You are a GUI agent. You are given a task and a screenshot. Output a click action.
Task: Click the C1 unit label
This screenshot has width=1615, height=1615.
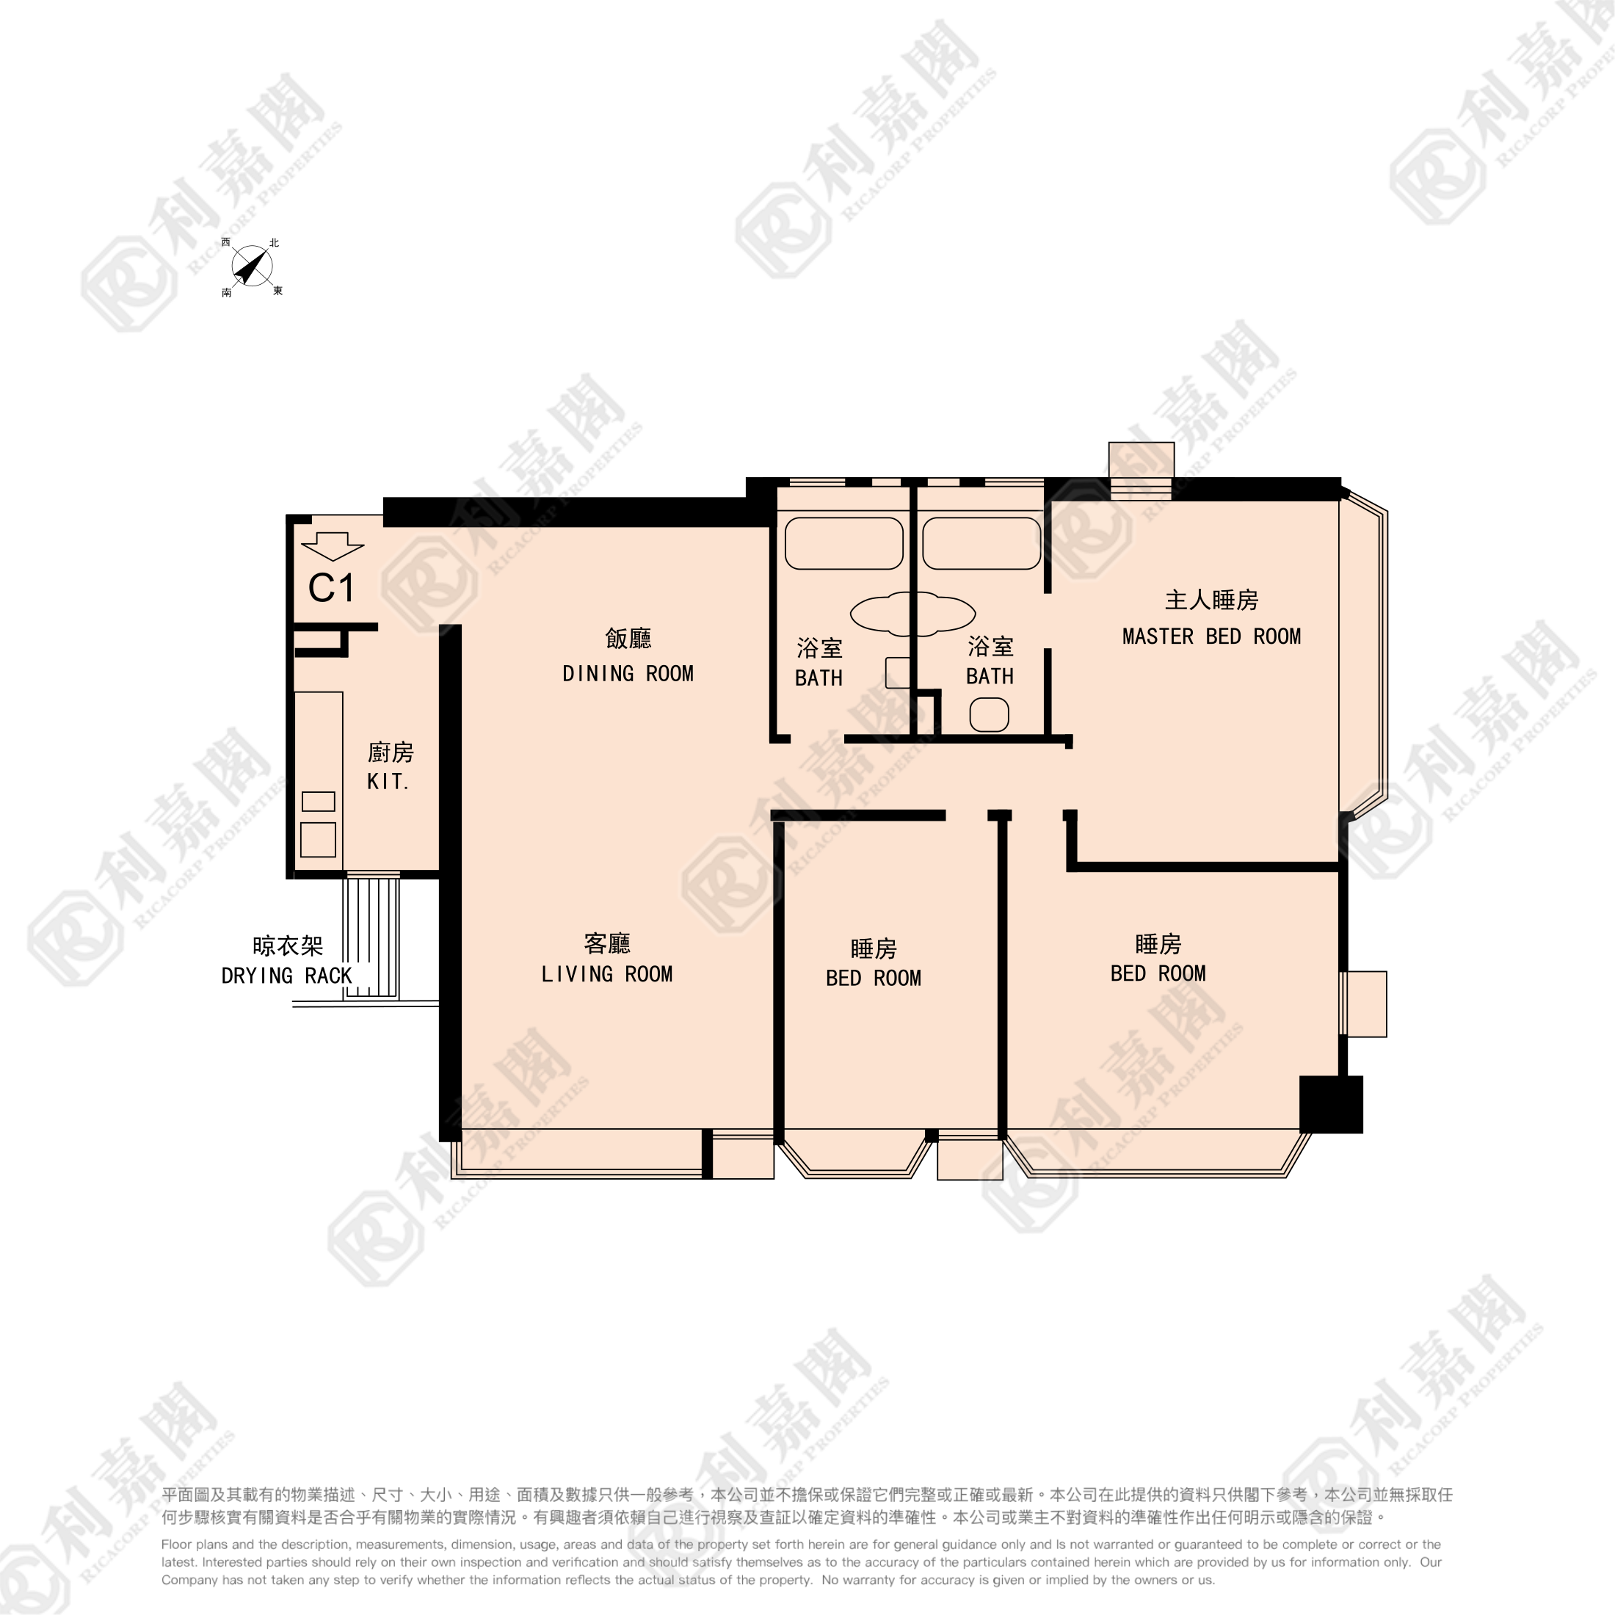coord(331,589)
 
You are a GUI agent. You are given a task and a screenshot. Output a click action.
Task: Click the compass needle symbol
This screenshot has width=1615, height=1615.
coord(252,266)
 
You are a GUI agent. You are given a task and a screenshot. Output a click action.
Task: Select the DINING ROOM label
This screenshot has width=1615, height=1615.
coord(628,674)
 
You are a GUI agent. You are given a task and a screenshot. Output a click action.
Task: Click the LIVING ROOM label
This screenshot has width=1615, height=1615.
coord(607,974)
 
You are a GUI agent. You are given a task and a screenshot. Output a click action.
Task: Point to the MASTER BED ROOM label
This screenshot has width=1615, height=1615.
coord(1211,636)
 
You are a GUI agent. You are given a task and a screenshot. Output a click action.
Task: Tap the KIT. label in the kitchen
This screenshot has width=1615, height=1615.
coord(388,782)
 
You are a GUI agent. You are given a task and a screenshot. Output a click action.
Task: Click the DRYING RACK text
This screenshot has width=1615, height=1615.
coord(287,976)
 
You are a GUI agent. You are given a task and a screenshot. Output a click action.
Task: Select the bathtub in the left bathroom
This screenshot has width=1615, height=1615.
coord(844,543)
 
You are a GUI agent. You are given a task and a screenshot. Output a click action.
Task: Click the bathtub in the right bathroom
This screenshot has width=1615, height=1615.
coord(981,543)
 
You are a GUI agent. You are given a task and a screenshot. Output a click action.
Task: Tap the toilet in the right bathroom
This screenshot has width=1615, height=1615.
coord(989,715)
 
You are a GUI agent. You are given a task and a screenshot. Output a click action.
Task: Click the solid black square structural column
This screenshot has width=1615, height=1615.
coord(1331,1104)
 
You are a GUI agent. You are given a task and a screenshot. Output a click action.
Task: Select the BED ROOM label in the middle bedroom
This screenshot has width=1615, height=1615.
coord(874,978)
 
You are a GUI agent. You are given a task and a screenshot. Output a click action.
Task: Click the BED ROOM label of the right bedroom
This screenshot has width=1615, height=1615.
coord(1158,973)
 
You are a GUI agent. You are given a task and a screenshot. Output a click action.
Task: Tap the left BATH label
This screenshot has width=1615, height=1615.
coord(819,678)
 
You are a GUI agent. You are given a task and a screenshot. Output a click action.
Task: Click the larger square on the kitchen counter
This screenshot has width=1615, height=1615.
coord(318,839)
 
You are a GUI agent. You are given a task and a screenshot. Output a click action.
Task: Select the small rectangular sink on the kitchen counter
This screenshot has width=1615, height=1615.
coord(319,801)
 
